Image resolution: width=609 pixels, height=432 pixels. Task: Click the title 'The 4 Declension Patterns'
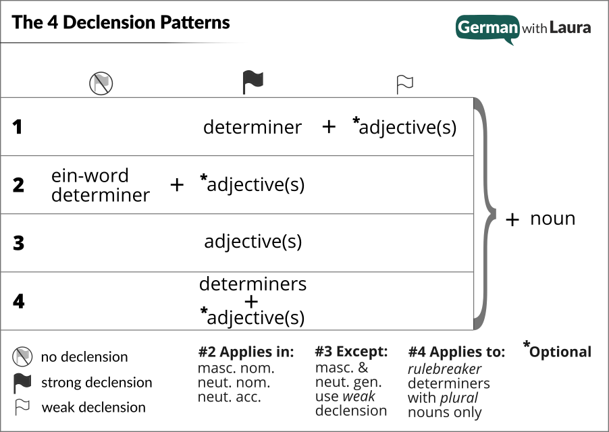pos(121,23)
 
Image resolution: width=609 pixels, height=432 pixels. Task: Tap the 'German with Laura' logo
pos(523,28)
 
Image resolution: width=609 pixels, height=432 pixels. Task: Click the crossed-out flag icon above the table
pos(101,84)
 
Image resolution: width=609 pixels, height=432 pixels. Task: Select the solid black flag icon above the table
pos(253,82)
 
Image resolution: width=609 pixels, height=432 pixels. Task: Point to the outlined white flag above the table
pos(404,84)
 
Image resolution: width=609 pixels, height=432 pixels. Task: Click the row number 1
pos(18,127)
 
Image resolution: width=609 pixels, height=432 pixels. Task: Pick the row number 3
pos(18,243)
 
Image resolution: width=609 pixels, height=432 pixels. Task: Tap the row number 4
pos(18,301)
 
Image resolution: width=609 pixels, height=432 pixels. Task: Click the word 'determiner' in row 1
pos(253,127)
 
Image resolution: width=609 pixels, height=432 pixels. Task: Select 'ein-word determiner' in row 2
pos(101,185)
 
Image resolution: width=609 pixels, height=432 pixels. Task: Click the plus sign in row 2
pos(177,185)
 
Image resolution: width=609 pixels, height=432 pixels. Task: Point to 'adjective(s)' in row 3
pos(253,242)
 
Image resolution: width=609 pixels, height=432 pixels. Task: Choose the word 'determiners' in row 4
pos(253,284)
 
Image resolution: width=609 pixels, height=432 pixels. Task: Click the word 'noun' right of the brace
pos(552,219)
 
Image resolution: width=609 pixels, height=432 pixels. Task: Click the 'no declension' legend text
pos(84,357)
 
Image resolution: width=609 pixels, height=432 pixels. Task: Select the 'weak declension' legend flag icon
pos(22,407)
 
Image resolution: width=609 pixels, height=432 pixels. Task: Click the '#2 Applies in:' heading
pos(246,352)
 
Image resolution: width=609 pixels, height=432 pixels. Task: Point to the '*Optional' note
pos(558,351)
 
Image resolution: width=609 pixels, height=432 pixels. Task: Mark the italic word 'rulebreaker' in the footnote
pos(445,369)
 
